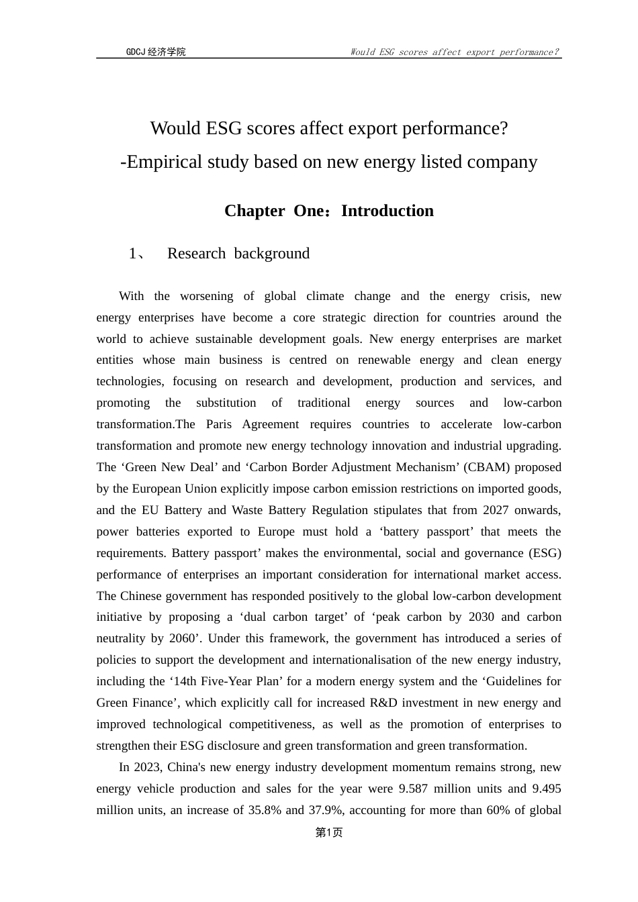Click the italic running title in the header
click(455, 52)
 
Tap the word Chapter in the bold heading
click(255, 211)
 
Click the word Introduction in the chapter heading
click(388, 211)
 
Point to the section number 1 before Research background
click(133, 254)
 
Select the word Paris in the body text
click(219, 424)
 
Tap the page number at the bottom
click(329, 832)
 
